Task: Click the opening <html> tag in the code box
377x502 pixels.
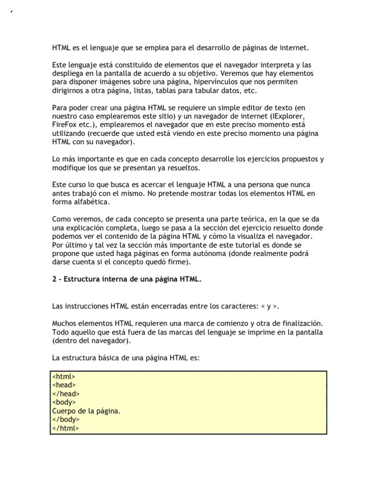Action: click(x=63, y=376)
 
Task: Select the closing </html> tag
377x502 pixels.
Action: click(x=65, y=428)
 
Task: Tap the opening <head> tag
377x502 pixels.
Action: click(x=64, y=385)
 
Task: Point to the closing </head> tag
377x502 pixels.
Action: click(x=66, y=394)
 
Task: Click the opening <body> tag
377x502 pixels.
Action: click(x=64, y=402)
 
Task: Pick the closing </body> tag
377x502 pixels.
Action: click(x=66, y=420)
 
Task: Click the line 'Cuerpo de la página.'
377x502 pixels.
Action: click(x=86, y=411)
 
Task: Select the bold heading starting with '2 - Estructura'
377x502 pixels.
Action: click(x=127, y=279)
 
